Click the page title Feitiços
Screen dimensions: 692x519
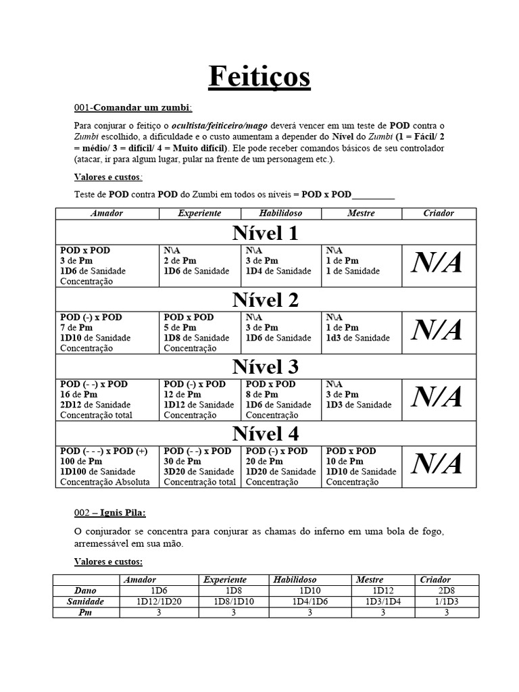259,76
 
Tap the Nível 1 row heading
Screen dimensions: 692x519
266,233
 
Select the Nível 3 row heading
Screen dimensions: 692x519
266,367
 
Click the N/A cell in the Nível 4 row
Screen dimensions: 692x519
437,464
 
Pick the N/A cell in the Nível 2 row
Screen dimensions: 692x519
437,330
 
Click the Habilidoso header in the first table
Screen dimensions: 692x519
280,214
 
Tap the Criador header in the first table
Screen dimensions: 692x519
439,214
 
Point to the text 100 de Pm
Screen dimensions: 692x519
82,461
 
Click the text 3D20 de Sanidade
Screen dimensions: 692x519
199,472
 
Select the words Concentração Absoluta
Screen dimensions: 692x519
105,482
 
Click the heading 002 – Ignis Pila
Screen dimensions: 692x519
109,513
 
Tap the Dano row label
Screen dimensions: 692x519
85,591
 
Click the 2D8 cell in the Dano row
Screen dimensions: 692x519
446,591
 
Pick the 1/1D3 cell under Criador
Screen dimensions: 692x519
446,601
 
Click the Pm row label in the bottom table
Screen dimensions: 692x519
85,612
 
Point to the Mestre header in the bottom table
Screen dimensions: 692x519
370,580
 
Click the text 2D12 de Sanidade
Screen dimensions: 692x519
96,405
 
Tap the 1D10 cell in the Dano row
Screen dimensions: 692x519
310,591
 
